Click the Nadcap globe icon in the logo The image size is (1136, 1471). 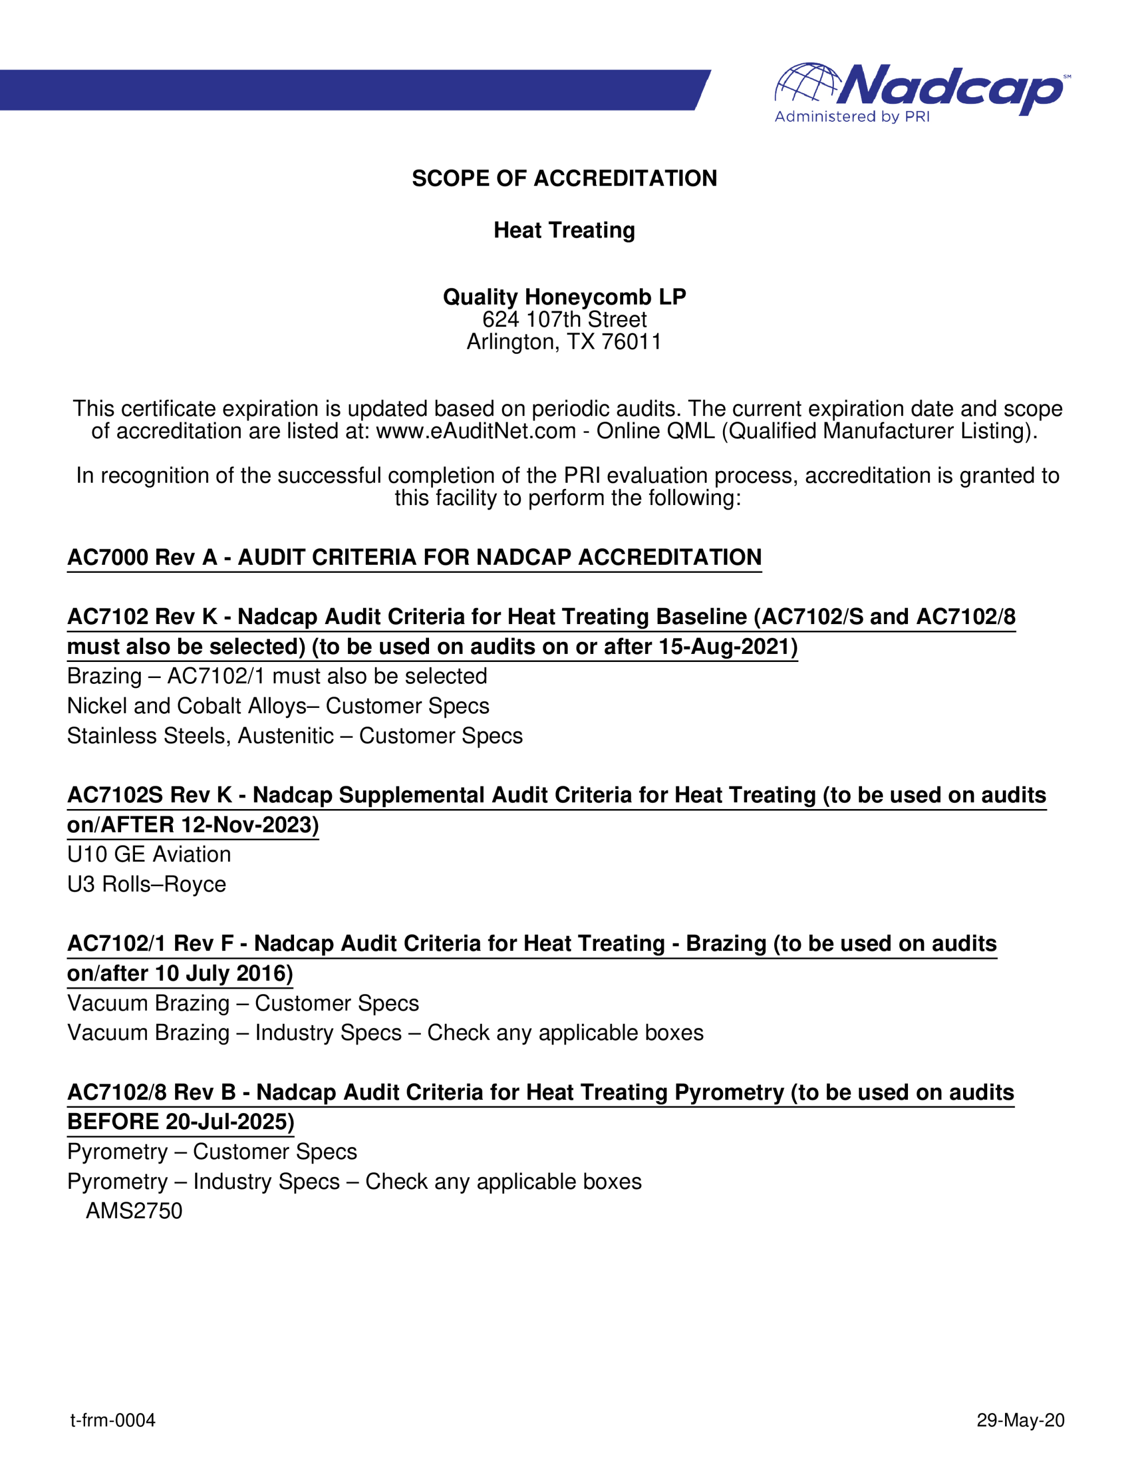tap(807, 84)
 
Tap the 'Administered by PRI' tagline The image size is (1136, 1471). tap(852, 117)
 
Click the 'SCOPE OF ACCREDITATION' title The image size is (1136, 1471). tap(565, 179)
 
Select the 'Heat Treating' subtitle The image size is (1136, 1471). tap(565, 230)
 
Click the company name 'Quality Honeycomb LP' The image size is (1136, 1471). tap(565, 297)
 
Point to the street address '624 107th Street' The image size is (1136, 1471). tap(565, 319)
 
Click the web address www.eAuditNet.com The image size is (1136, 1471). tap(476, 431)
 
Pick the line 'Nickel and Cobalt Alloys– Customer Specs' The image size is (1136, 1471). tap(278, 706)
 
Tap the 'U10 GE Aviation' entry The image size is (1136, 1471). tap(149, 854)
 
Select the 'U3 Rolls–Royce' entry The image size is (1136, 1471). tap(147, 884)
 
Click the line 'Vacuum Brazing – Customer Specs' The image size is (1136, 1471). tap(243, 1004)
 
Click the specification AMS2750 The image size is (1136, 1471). tap(134, 1211)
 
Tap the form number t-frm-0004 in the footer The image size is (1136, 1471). tap(113, 1420)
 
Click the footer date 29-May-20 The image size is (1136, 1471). tap(1020, 1420)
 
